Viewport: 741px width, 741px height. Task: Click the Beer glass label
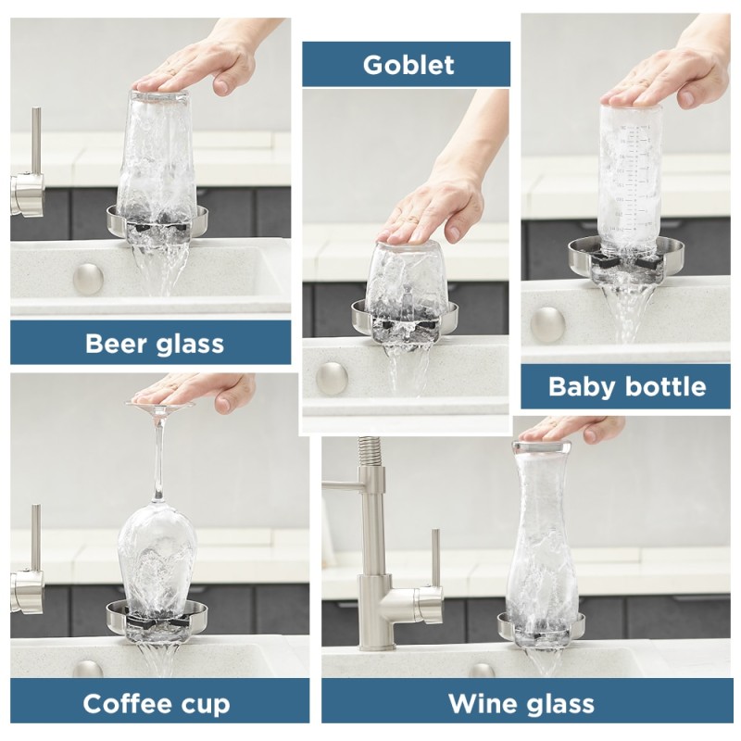pyautogui.click(x=154, y=343)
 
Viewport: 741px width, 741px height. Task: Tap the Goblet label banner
pyautogui.click(x=408, y=65)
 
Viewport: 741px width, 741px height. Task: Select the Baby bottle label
pyautogui.click(x=626, y=386)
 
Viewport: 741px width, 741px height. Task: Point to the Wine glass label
pyautogui.click(x=521, y=703)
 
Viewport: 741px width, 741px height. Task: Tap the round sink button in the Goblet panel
pyautogui.click(x=332, y=378)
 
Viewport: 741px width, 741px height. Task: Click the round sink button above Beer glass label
pyautogui.click(x=88, y=278)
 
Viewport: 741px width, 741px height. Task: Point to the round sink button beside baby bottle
pyautogui.click(x=547, y=324)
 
